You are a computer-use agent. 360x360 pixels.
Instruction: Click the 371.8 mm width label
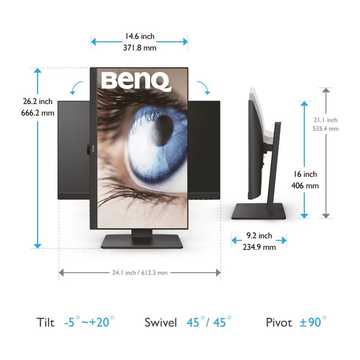click(140, 48)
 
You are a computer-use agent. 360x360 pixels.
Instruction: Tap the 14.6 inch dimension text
click(140, 36)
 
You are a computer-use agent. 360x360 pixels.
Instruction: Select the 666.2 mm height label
click(38, 113)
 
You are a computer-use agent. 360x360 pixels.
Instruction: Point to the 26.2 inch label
click(38, 102)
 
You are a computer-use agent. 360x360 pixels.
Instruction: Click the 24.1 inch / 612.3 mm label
click(140, 273)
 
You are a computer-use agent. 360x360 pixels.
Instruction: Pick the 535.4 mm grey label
click(326, 129)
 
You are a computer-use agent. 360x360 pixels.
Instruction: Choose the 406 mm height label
click(305, 186)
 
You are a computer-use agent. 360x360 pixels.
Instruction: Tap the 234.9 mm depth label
click(259, 247)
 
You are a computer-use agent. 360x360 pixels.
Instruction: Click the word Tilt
click(46, 322)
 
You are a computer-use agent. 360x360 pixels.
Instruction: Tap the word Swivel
click(161, 322)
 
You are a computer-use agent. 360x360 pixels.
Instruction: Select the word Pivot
click(279, 322)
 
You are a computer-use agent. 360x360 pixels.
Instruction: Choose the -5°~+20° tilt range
click(89, 322)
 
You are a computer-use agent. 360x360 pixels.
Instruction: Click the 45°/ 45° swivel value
click(208, 322)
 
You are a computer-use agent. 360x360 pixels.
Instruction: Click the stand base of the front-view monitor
click(142, 242)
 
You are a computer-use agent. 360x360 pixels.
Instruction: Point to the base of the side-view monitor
click(258, 212)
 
